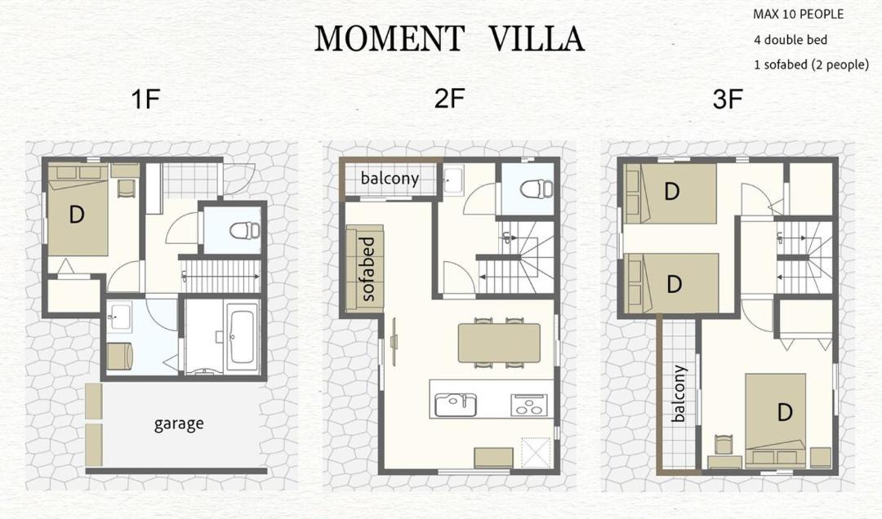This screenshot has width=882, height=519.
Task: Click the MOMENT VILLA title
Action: click(x=449, y=38)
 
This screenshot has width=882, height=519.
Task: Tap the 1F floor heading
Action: click(x=145, y=100)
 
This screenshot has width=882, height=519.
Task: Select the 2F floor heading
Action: click(x=449, y=99)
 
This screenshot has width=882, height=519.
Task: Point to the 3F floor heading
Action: click(x=728, y=100)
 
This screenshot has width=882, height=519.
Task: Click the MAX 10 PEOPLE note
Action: click(x=798, y=14)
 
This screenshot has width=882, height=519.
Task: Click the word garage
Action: click(x=179, y=424)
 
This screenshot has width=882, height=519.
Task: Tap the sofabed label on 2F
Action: click(x=367, y=269)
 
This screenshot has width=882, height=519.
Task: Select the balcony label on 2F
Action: click(x=390, y=178)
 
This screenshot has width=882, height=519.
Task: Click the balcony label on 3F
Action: click(x=679, y=393)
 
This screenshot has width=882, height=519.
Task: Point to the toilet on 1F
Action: click(x=245, y=230)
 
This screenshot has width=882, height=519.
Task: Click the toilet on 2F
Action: click(x=534, y=189)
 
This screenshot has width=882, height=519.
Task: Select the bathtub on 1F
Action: click(x=243, y=336)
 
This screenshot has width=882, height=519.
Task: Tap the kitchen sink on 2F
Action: click(x=456, y=404)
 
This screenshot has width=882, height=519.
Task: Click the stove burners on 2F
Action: click(x=528, y=404)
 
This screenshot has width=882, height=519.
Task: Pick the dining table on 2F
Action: click(x=499, y=343)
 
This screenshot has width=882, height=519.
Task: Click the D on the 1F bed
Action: click(x=77, y=214)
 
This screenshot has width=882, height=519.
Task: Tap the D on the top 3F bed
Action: click(x=671, y=192)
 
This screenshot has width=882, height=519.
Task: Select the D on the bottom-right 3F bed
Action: click(x=785, y=413)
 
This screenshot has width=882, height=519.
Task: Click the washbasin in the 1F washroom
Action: click(x=119, y=316)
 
